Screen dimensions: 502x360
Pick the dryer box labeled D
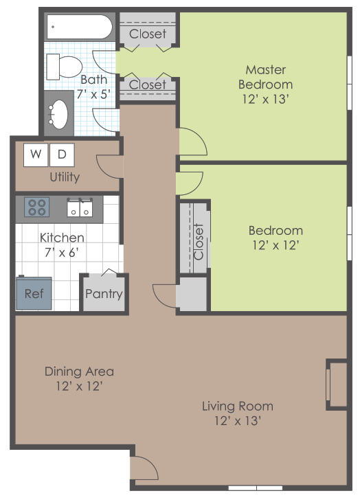pyautogui.click(x=62, y=155)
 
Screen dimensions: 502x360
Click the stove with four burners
pyautogui.click(x=36, y=207)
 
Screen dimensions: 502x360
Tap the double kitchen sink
pyautogui.click(x=80, y=207)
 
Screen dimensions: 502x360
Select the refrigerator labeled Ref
pyautogui.click(x=34, y=293)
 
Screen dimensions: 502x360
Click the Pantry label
pyautogui.click(x=104, y=294)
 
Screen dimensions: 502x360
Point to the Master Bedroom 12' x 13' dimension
pyautogui.click(x=265, y=98)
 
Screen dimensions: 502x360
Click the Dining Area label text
pyautogui.click(x=79, y=372)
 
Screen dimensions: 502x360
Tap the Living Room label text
pyautogui.click(x=237, y=406)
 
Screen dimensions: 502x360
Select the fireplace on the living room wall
pyautogui.click(x=336, y=384)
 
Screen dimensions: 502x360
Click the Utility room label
pyautogui.click(x=65, y=177)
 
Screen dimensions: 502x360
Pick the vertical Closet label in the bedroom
pyautogui.click(x=199, y=241)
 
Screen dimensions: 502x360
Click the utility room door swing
pyautogui.click(x=110, y=166)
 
